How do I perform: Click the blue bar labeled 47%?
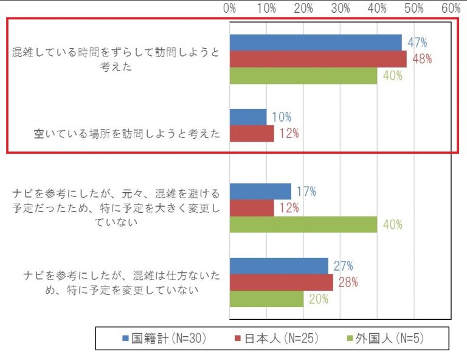[316, 43]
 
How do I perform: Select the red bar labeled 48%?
[318, 59]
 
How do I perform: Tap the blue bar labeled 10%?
[248, 117]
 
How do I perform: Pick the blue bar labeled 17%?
[260, 192]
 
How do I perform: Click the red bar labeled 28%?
[282, 282]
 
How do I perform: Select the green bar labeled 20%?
[267, 299]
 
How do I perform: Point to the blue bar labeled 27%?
[279, 266]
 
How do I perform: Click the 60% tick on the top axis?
[451, 9]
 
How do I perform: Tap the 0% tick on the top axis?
[230, 9]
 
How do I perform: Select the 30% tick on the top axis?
[341, 9]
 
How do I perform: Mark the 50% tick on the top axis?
[414, 9]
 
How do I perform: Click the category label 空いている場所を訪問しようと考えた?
[126, 134]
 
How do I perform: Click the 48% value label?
[422, 59]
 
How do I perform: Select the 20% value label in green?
[319, 299]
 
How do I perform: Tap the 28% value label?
[348, 282]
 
